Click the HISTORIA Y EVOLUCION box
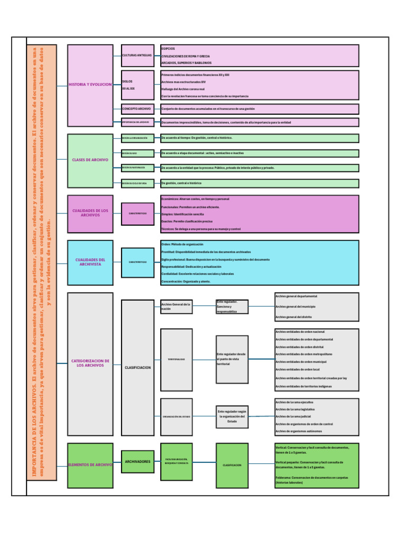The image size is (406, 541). (x=90, y=85)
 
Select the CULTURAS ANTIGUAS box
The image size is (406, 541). (x=137, y=55)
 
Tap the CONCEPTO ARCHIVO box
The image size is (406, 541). (x=137, y=108)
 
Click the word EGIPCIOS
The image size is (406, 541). (x=168, y=48)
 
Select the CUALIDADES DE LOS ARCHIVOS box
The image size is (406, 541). (x=90, y=213)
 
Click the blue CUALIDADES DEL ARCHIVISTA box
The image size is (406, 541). (x=90, y=262)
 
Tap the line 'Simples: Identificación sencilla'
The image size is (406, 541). (x=182, y=214)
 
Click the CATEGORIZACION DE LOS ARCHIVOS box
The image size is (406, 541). (x=90, y=363)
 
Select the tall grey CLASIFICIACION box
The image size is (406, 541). (x=137, y=367)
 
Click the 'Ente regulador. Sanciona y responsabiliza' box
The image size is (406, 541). (x=232, y=307)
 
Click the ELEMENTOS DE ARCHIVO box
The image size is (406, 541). (x=90, y=465)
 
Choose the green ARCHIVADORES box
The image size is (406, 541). (x=137, y=462)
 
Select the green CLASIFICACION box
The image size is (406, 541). (x=232, y=465)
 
